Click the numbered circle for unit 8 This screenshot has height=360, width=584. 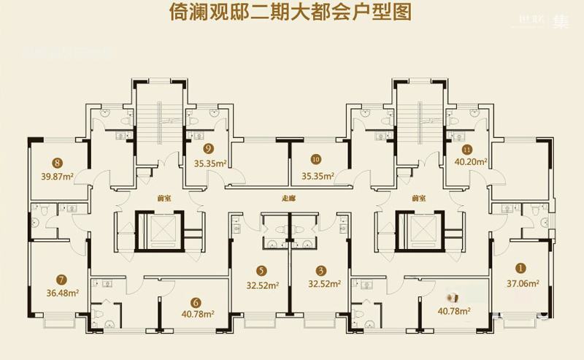click(x=56, y=163)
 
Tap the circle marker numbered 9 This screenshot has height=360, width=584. click(x=208, y=150)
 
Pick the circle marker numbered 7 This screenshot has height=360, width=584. click(x=61, y=278)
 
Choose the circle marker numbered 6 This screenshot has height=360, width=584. click(x=196, y=302)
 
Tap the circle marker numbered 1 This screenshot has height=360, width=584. click(x=521, y=267)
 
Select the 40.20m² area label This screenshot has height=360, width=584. click(x=472, y=163)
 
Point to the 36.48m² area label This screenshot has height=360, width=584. click(x=62, y=292)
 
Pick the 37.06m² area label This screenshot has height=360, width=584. click(x=523, y=283)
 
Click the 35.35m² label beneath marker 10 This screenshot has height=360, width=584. click(x=318, y=175)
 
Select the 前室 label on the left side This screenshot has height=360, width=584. click(x=142, y=197)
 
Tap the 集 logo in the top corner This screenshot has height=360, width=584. click(x=561, y=22)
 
